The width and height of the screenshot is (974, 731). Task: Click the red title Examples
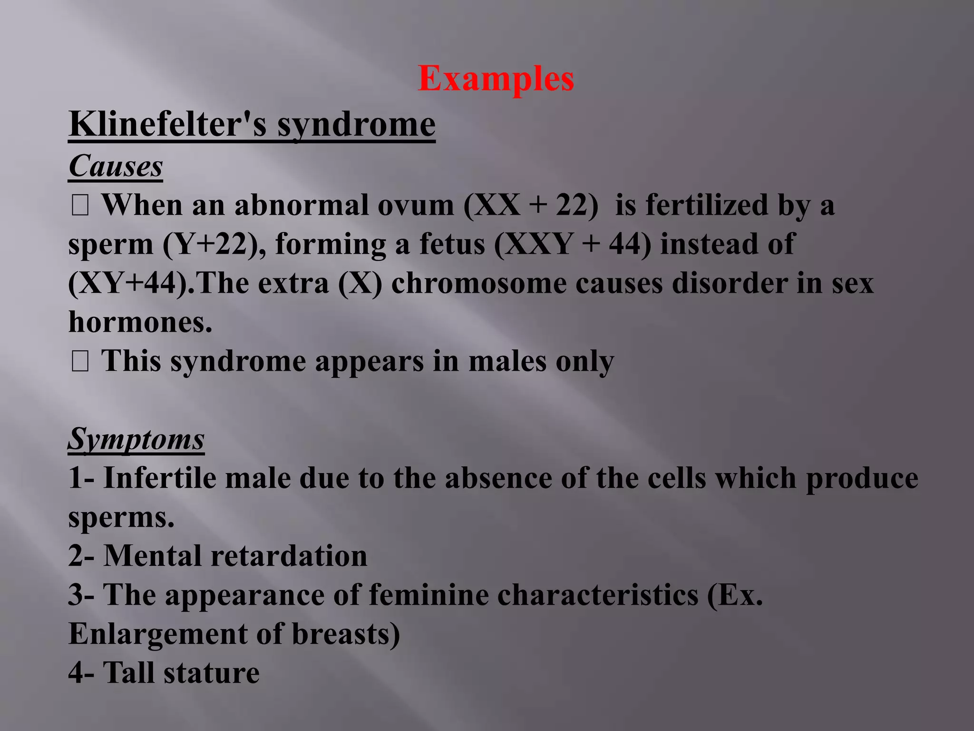tap(496, 79)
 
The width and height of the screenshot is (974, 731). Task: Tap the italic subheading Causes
tap(116, 166)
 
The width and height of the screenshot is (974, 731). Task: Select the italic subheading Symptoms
tap(136, 439)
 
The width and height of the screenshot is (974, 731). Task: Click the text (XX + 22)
tap(531, 206)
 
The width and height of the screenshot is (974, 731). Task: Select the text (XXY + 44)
tap(572, 245)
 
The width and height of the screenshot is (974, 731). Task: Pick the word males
tap(507, 362)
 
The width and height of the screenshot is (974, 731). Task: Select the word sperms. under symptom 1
tap(121, 517)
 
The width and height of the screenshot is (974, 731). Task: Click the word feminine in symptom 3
tap(429, 595)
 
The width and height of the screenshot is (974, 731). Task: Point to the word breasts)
tap(346, 634)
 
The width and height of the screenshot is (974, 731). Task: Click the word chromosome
tap(478, 284)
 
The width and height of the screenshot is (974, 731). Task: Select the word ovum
tap(416, 206)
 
